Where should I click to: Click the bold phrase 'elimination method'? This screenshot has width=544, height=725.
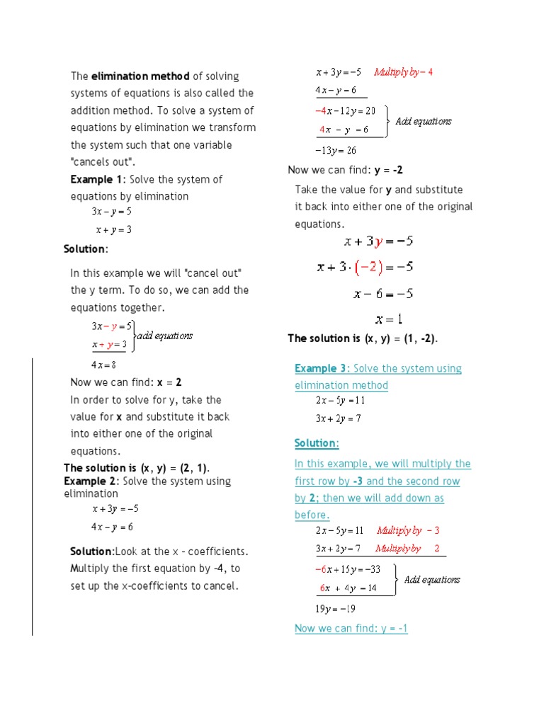pyautogui.click(x=140, y=76)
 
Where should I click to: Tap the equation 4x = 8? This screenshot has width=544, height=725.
pyautogui.click(x=103, y=365)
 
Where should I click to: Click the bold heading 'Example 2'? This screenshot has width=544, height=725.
pyautogui.click(x=90, y=481)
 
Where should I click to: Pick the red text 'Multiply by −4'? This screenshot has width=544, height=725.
pyautogui.click(x=403, y=72)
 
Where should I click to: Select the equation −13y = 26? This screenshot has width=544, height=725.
pyautogui.click(x=336, y=150)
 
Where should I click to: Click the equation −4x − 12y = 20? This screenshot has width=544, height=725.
pyautogui.click(x=346, y=110)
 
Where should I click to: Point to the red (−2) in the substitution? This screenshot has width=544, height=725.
pyautogui.click(x=369, y=268)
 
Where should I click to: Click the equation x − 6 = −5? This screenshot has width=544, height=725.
pyautogui.click(x=383, y=294)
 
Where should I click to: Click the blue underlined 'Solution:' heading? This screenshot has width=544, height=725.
pyautogui.click(x=317, y=443)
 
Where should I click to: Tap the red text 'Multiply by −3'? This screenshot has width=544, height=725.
pyautogui.click(x=409, y=530)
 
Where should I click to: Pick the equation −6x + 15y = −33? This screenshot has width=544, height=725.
pyautogui.click(x=348, y=569)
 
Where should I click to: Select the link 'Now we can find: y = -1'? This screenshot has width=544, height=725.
pyautogui.click(x=351, y=629)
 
